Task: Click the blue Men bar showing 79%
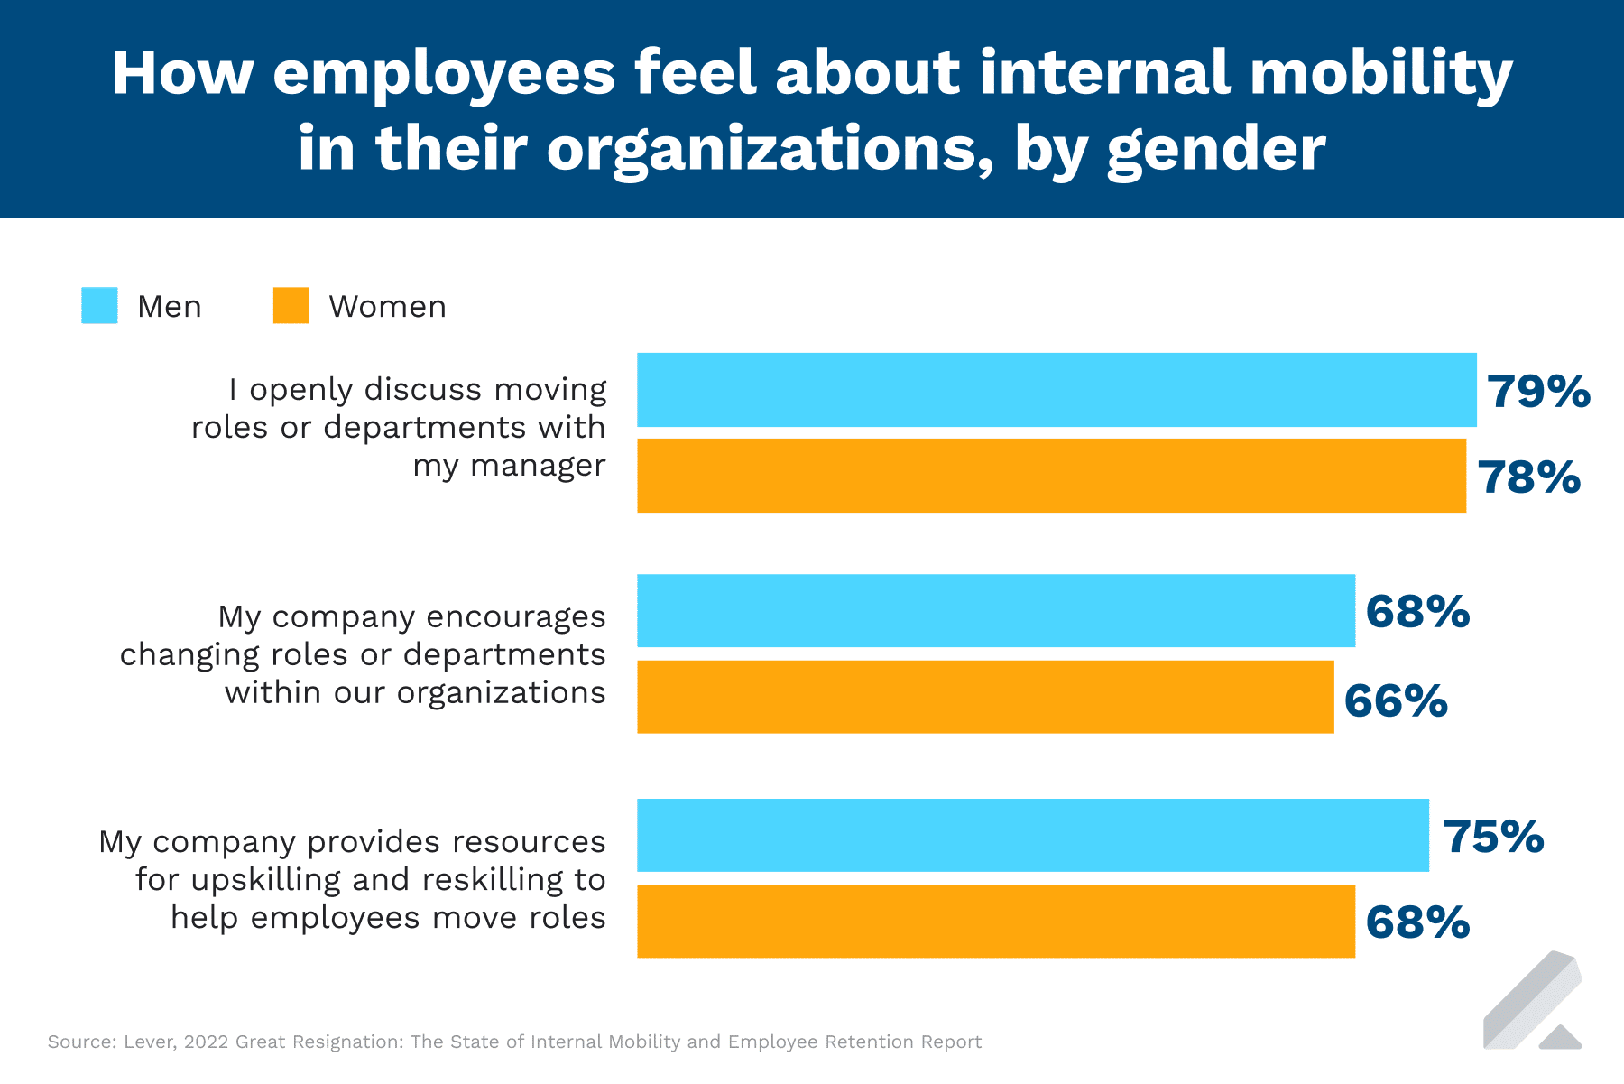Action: pos(1056,390)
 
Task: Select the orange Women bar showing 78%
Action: pos(1051,476)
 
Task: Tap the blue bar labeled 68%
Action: pos(995,611)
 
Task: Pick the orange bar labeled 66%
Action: pos(984,697)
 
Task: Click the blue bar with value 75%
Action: pos(1032,835)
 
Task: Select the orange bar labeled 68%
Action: pos(995,921)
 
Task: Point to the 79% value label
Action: pos(1538,392)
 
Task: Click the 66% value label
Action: pos(1396,701)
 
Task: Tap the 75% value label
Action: pos(1493,837)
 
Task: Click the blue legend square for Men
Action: pos(99,306)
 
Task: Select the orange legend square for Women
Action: pos(291,306)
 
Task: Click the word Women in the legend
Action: pos(387,307)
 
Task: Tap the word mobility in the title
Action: pos(1380,74)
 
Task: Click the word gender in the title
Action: pos(1215,150)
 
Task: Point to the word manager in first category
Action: pos(538,467)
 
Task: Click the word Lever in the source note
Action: pos(148,1042)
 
